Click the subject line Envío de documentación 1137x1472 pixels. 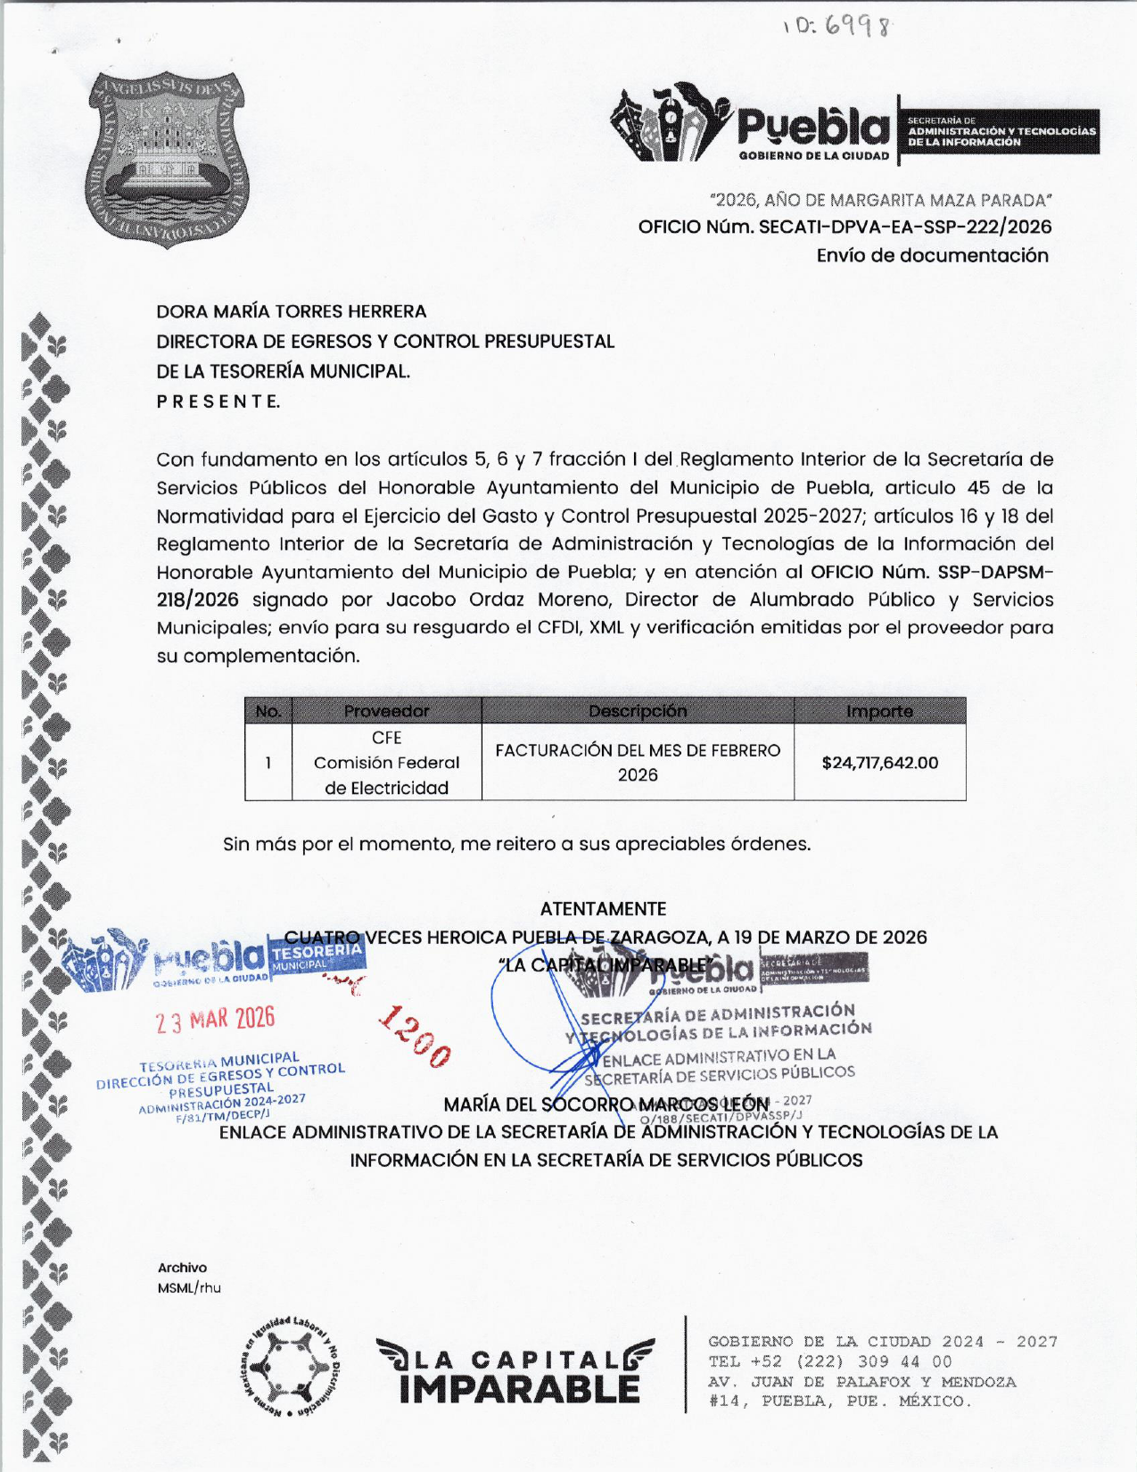932,256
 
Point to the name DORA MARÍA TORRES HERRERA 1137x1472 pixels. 292,311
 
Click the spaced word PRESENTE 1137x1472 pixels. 218,401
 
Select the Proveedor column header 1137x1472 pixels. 386,711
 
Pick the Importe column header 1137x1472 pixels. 879,711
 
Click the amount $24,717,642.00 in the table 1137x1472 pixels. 879,763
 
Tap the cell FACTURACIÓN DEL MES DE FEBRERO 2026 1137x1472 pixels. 638,763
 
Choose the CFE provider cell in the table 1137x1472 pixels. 386,763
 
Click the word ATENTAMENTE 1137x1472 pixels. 603,909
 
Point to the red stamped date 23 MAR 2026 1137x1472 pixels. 215,1020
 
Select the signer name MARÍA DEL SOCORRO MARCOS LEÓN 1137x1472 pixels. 606,1104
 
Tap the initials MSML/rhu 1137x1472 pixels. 189,1288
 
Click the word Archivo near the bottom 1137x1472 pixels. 182,1268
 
